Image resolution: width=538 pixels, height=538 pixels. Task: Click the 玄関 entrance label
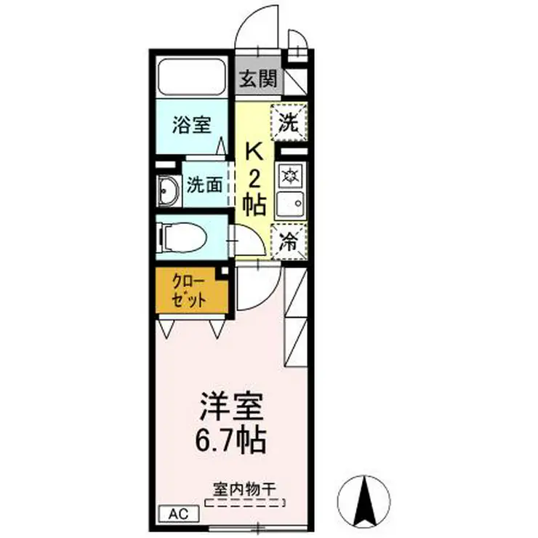[257, 78]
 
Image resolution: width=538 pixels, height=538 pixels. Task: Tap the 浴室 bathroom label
[191, 125]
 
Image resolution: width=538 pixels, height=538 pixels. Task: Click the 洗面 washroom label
[204, 185]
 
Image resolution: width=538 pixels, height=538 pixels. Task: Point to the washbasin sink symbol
[168, 192]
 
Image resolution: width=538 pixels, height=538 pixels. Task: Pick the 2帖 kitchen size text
[254, 190]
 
